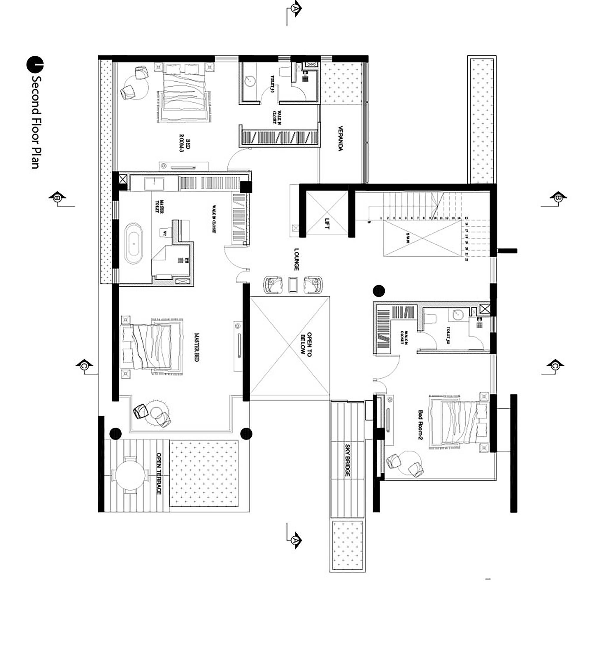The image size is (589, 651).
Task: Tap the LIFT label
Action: [327, 223]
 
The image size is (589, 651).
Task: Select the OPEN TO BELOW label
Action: [305, 345]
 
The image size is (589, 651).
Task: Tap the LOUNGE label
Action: [296, 259]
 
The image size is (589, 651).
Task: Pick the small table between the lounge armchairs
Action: [293, 285]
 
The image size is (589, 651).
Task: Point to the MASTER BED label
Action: [196, 347]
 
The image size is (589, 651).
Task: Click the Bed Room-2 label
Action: [421, 425]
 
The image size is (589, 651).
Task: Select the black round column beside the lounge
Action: [378, 291]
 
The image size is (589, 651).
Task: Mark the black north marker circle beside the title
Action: [35, 64]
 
